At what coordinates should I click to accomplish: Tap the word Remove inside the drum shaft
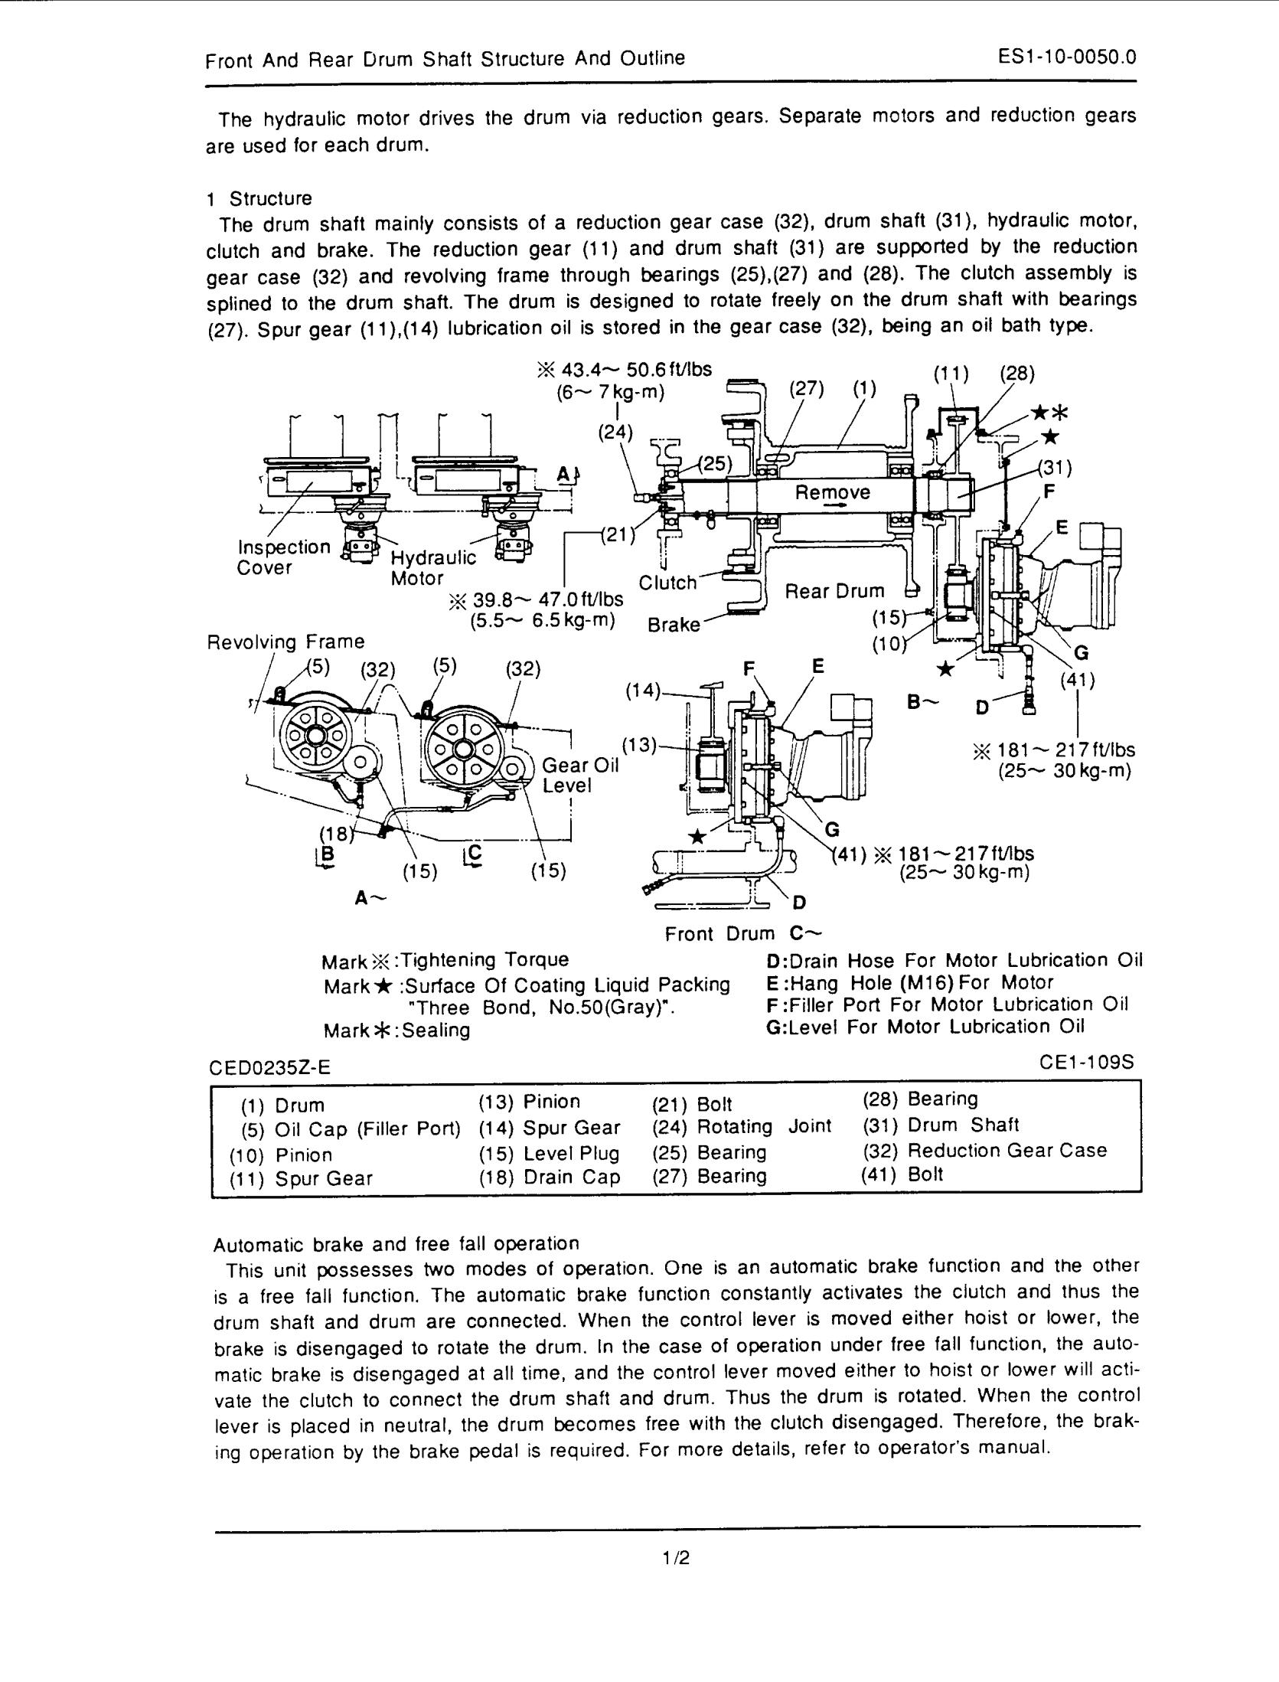832,492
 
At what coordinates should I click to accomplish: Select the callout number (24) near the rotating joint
615,433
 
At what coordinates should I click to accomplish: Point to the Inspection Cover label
283,557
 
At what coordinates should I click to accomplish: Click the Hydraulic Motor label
433,567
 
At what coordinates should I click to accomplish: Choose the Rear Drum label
835,591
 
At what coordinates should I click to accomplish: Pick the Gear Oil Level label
579,776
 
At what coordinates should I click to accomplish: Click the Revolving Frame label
286,642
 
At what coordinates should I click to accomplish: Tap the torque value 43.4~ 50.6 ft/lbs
635,370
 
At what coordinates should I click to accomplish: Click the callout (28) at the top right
1017,374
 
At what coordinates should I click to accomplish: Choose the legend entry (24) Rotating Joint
741,1126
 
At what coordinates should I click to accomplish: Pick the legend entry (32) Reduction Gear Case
984,1150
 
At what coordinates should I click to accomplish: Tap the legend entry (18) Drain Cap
549,1177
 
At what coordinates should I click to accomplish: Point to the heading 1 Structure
259,198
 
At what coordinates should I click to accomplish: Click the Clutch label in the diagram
667,583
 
